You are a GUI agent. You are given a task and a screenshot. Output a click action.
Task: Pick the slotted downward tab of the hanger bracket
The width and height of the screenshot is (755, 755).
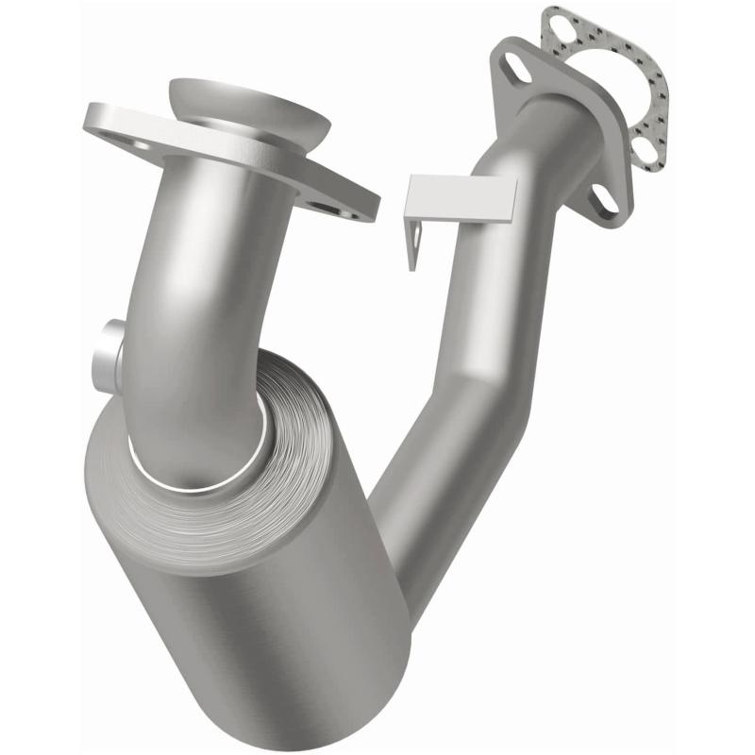click(x=412, y=244)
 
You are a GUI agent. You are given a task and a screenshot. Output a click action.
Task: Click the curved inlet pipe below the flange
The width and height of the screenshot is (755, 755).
click(x=208, y=283)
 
